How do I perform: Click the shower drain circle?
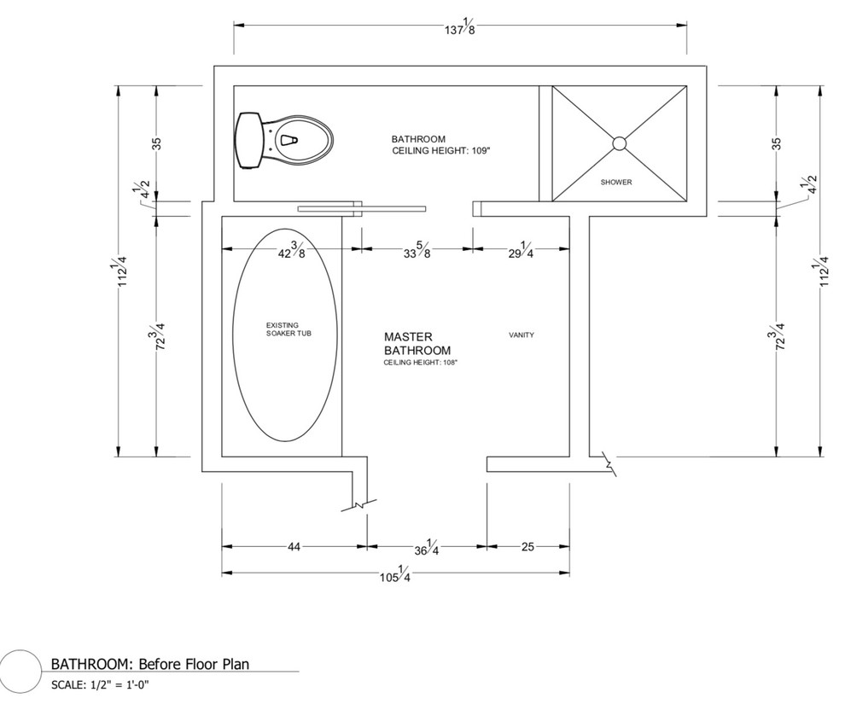[x=619, y=143]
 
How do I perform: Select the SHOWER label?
[x=616, y=182]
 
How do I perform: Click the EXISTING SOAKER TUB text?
[x=288, y=329]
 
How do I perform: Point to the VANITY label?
[x=522, y=335]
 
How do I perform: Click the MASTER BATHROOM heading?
[x=417, y=344]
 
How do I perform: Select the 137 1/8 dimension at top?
[x=460, y=27]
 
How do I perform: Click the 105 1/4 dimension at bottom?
[x=395, y=574]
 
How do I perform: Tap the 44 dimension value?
[x=294, y=547]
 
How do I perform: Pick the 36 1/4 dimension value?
[x=426, y=547]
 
